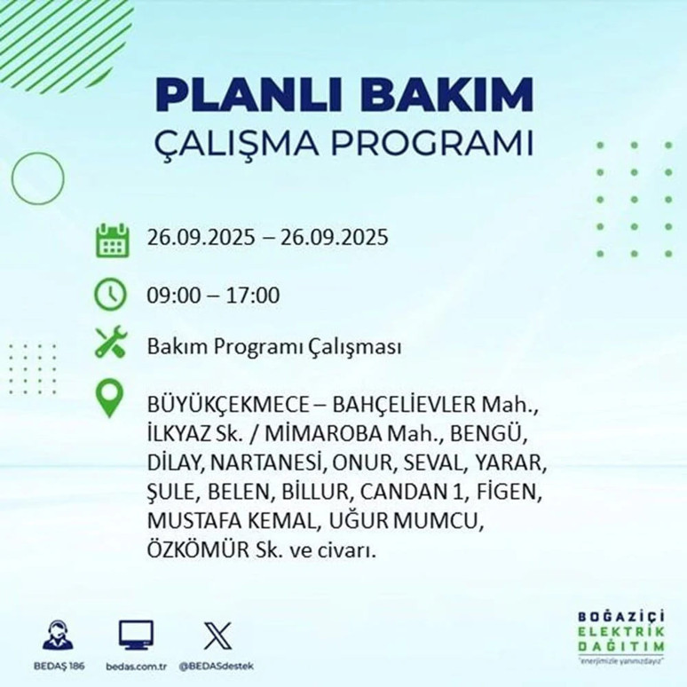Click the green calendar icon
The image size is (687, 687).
[x=112, y=240]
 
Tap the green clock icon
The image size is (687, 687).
[x=111, y=295]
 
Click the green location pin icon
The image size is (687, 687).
[x=110, y=399]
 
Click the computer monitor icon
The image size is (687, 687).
[x=136, y=634]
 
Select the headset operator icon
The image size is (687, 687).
[x=59, y=636]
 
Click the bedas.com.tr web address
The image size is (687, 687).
[x=136, y=666]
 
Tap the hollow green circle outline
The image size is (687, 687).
[x=36, y=178]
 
